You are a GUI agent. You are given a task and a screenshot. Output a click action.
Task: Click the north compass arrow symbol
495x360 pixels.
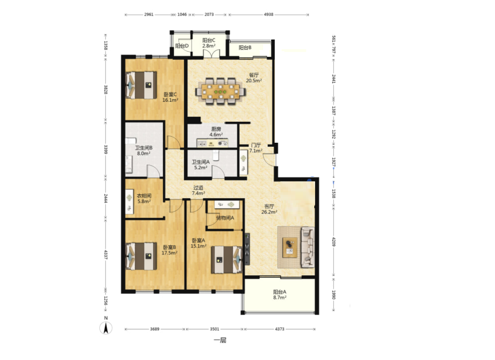106,328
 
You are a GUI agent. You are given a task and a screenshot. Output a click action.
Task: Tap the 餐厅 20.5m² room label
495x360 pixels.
254,78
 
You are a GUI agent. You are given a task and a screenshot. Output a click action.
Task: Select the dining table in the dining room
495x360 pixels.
221,91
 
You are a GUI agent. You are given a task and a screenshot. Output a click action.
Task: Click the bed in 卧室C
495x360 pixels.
141,85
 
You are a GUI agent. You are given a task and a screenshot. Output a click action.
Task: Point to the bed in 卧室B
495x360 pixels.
141,256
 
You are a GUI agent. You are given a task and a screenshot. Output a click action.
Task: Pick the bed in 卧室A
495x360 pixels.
227,260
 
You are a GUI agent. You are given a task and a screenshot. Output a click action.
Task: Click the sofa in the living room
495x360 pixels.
308,248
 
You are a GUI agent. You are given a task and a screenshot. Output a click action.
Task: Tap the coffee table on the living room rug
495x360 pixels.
290,248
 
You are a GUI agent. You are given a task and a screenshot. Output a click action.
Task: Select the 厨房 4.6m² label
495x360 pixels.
216,132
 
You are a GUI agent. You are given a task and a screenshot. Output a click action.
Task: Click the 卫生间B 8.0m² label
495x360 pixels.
144,151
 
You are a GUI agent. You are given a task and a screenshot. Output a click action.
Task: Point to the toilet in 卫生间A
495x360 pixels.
216,155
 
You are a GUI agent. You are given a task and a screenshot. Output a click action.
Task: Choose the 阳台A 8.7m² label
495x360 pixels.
280,295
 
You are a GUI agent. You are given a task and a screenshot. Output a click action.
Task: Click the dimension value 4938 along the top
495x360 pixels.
269,15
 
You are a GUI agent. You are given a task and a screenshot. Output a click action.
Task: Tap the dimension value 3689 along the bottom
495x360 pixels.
155,329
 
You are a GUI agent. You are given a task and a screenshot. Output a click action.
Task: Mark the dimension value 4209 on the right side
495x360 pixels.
334,242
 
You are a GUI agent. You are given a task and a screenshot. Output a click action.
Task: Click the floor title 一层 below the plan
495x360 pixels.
220,340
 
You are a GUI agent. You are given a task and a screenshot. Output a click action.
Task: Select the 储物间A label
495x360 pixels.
225,218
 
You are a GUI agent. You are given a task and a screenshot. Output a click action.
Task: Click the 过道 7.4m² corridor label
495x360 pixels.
198,190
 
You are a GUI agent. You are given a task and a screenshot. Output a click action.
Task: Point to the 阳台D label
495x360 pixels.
182,46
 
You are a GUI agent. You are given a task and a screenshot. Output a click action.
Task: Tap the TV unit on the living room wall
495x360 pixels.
247,249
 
